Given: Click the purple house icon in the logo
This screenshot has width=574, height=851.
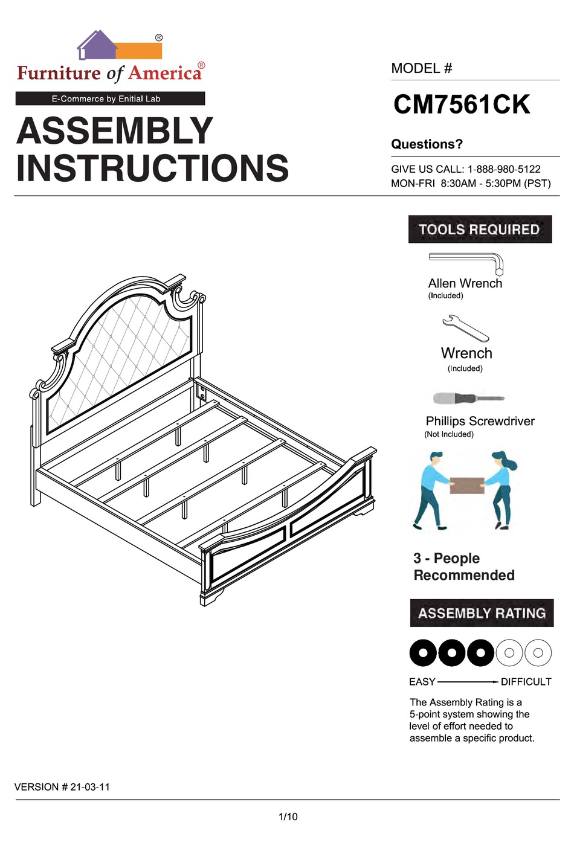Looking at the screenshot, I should tap(97, 46).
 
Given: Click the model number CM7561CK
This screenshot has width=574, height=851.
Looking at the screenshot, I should tap(462, 104).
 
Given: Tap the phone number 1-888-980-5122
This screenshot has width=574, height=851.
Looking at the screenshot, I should tap(504, 169).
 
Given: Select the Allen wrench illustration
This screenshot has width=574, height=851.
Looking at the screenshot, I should tap(466, 262).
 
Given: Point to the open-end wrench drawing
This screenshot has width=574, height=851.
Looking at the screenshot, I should tap(465, 328).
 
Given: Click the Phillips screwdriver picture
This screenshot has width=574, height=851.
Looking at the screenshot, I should tap(468, 399).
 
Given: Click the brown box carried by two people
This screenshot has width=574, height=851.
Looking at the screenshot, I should tap(466, 486).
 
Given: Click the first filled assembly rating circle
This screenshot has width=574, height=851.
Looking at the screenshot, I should tap(424, 653).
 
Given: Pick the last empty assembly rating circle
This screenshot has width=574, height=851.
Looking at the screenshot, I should tap(538, 653).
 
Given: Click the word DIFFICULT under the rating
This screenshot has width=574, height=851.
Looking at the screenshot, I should tap(526, 682).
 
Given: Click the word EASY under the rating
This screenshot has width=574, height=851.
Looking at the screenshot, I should tap(422, 682).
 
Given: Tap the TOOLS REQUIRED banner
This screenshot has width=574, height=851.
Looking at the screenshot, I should tap(480, 230).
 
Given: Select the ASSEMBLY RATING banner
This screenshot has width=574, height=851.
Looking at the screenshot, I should tap(482, 613).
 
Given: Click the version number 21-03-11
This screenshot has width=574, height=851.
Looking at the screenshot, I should tap(90, 787).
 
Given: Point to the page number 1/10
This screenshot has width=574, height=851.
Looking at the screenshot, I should tap(288, 817).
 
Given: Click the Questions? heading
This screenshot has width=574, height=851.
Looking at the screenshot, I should tap(427, 144).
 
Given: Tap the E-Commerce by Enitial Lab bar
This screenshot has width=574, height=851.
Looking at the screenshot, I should tap(110, 98).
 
